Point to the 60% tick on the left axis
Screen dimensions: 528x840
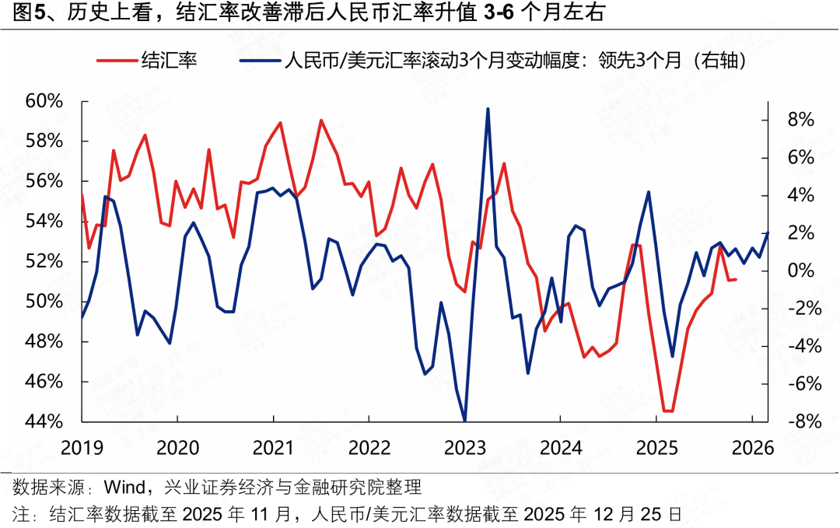point(44,101)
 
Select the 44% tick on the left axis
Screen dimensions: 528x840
point(44,421)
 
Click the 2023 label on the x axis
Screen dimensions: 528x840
point(464,448)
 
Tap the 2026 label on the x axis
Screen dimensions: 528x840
point(751,448)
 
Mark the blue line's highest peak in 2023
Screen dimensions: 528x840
point(488,109)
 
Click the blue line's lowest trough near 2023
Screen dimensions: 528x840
point(464,421)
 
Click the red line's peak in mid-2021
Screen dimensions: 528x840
point(320,120)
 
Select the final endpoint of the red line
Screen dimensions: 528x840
point(736,279)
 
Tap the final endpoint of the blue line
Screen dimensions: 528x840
point(768,233)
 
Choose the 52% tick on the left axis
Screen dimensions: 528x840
point(44,261)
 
